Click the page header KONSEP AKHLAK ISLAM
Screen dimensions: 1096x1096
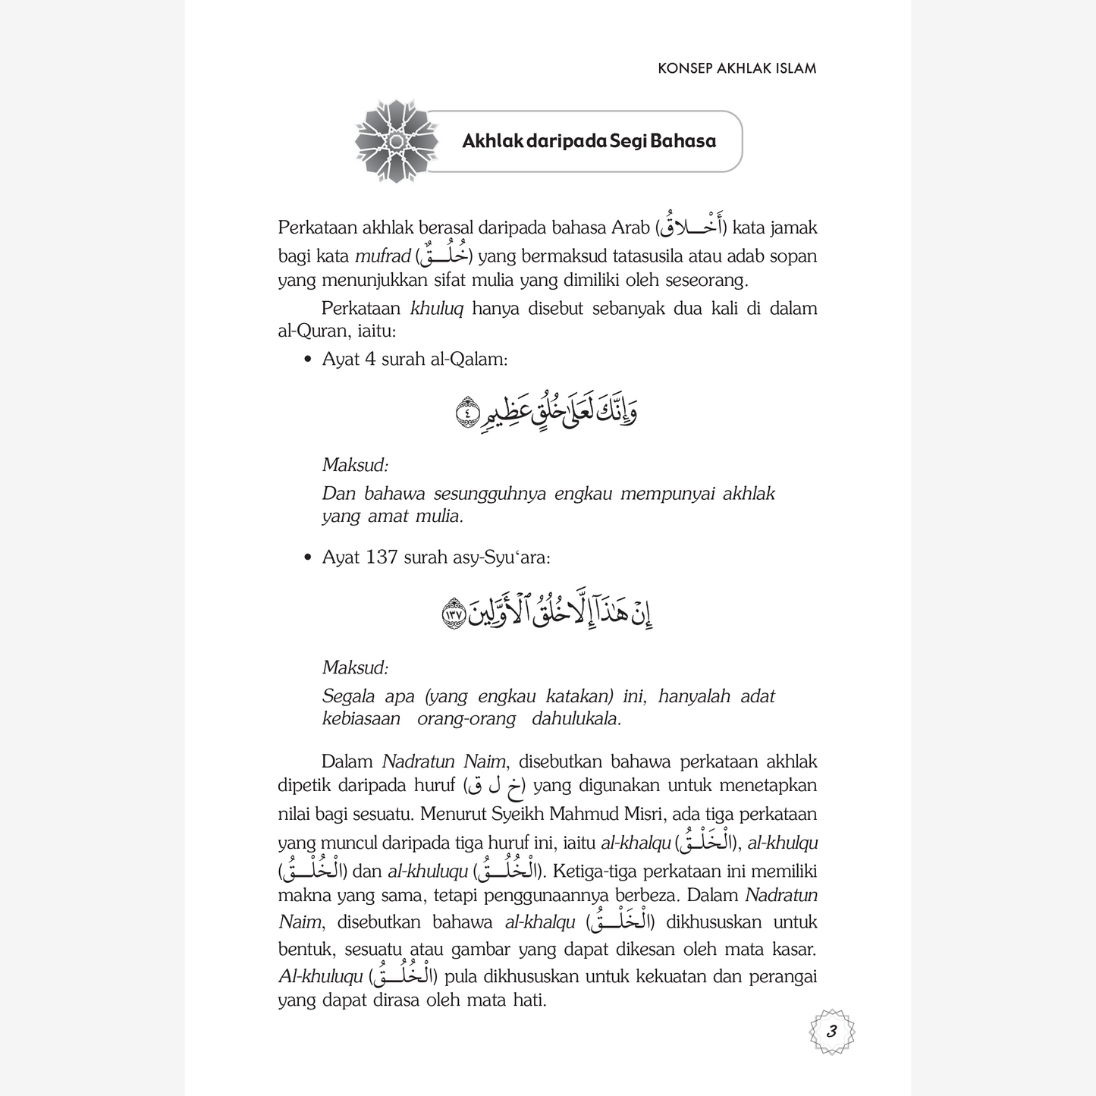pyautogui.click(x=736, y=68)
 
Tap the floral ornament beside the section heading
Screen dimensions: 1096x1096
pyautogui.click(x=396, y=141)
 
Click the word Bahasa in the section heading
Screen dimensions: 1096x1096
pyautogui.click(x=683, y=141)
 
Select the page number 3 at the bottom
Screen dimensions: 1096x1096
pyautogui.click(x=831, y=1032)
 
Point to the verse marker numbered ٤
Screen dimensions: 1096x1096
pyautogui.click(x=468, y=413)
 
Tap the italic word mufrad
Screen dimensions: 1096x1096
pyautogui.click(x=382, y=256)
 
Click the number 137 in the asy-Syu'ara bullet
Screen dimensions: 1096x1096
pyautogui.click(x=382, y=557)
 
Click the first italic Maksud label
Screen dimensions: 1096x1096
pyautogui.click(x=355, y=465)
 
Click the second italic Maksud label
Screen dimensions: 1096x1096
pyautogui.click(x=355, y=668)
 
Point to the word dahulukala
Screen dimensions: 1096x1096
pyautogui.click(x=576, y=719)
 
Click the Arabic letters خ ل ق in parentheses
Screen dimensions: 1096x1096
pyautogui.click(x=494, y=787)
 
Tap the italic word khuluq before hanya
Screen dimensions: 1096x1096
pyautogui.click(x=437, y=309)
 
